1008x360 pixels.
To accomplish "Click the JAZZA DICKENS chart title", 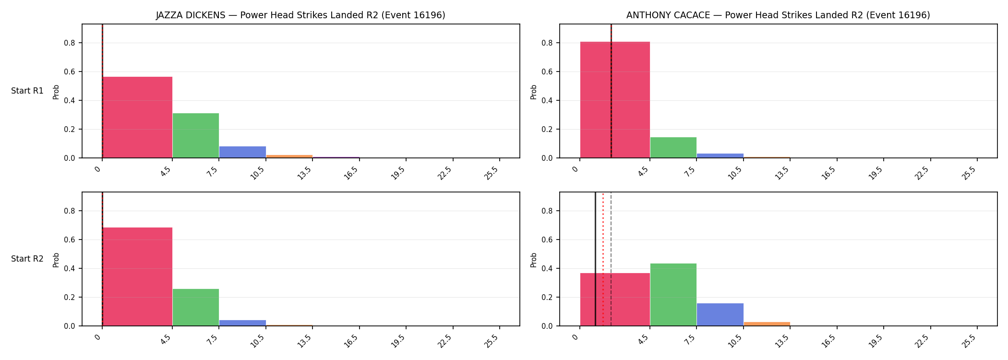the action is coord(300,15).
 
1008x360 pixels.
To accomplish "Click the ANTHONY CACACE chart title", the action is coord(778,15).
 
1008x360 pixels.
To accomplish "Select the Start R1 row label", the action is coord(27,91).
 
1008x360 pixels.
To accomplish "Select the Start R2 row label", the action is coord(27,259).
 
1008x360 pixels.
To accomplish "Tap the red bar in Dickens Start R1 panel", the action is coord(137,117).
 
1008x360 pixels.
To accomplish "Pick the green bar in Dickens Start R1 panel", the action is coord(196,135).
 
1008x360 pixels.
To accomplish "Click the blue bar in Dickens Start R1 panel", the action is coord(242,152).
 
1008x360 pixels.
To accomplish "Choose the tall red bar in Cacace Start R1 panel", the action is coord(615,100).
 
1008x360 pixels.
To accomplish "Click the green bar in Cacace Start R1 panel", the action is coord(673,147).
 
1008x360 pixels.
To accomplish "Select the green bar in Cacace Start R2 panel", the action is coord(673,295).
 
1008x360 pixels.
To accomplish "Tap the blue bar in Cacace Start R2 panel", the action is coord(720,314).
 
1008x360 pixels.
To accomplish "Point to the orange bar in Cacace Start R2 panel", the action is coord(767,324).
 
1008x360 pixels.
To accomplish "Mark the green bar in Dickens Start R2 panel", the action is coord(196,307).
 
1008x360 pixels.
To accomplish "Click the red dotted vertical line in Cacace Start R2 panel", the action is coord(603,259).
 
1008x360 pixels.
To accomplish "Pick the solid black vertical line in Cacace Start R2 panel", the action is coord(595,259).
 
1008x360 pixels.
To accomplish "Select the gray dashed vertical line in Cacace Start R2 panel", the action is coord(611,259).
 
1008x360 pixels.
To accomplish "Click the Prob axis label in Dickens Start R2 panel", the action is coord(56,260).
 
